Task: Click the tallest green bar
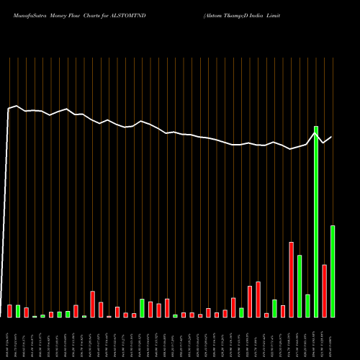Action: click(316, 222)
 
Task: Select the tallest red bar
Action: click(291, 279)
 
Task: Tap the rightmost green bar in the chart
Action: click(333, 271)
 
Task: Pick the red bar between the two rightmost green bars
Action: click(324, 291)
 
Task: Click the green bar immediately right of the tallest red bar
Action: click(300, 286)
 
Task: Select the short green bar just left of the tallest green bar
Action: click(307, 305)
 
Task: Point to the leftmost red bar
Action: click(9, 311)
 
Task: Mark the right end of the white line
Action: click(331, 137)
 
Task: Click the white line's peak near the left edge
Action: click(17, 106)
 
